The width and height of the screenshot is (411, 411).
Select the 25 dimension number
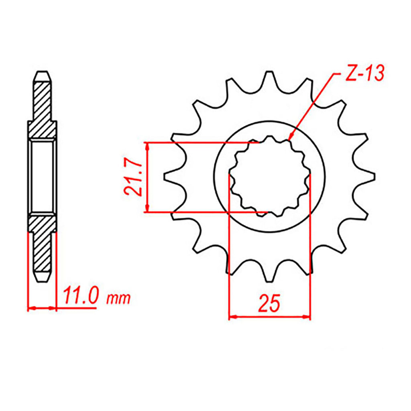269,303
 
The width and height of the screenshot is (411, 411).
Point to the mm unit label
118,298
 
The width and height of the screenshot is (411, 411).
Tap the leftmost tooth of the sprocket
173,177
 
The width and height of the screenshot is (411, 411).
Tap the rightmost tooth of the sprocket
366,177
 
